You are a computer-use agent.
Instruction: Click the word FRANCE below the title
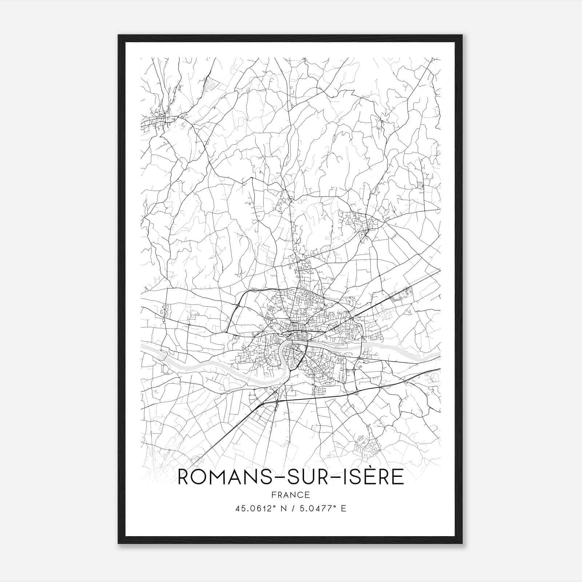tap(291, 495)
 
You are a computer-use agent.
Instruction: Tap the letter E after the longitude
tap(344, 508)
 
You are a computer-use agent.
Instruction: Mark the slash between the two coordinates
tap(293, 508)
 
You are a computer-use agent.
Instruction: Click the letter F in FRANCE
tap(274, 495)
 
